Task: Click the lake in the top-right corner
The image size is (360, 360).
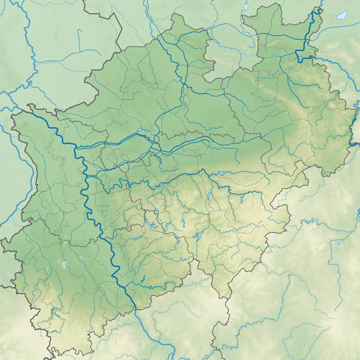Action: click(x=342, y=15)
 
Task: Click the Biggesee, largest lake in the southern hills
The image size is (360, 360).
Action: click(x=197, y=237)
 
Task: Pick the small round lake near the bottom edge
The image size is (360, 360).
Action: click(x=141, y=345)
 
